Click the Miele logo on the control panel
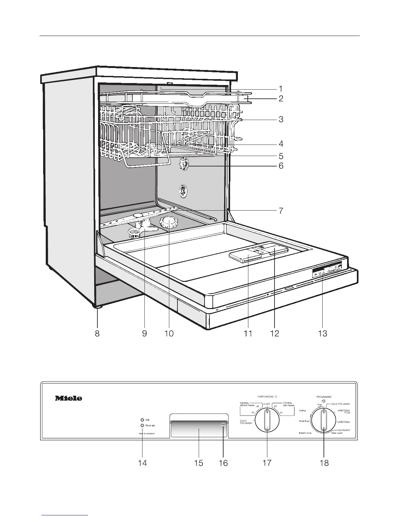[68, 398]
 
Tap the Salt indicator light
[142, 420]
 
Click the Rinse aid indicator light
[142, 425]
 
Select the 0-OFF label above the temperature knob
[267, 404]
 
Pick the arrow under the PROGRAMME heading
[324, 401]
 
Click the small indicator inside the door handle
[223, 424]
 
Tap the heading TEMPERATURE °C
[267, 396]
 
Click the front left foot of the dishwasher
[97, 306]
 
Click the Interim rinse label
[305, 433]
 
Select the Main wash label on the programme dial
[337, 433]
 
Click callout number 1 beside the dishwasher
[280, 89]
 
